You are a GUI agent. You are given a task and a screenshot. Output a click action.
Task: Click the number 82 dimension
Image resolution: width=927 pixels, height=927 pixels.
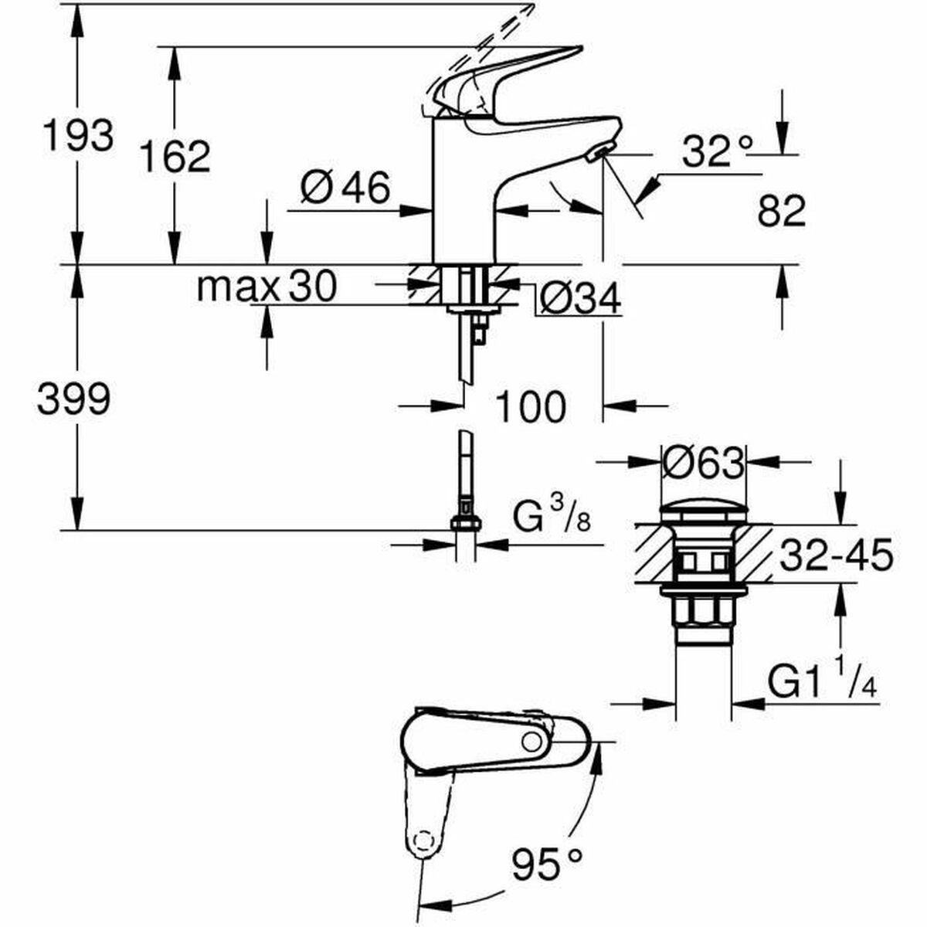[781, 210]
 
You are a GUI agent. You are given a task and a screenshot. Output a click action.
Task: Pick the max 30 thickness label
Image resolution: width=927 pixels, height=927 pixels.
[267, 287]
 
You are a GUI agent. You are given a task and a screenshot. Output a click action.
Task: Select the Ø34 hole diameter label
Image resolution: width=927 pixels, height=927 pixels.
[579, 298]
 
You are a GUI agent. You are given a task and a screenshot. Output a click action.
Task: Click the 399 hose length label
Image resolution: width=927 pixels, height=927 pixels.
[74, 399]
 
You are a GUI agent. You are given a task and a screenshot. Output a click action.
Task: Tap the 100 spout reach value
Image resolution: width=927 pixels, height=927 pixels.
[530, 406]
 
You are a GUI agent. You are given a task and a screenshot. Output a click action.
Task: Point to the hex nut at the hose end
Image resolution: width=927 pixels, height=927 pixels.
[465, 523]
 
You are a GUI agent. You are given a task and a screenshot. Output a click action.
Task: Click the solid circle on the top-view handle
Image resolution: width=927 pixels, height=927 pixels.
[531, 741]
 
